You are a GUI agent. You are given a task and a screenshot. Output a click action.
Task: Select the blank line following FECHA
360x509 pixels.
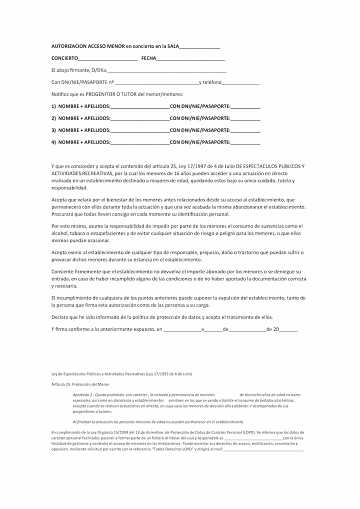[x=190, y=58]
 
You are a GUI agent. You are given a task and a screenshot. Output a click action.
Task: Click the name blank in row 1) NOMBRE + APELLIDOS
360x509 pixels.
[x=140, y=107]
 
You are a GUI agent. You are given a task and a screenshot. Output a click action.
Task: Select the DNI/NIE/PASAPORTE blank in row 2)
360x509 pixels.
[x=245, y=119]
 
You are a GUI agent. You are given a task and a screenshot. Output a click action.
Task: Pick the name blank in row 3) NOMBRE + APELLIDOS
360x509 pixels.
[x=140, y=131]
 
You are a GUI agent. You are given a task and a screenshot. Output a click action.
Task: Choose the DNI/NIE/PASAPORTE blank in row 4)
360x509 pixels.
[x=245, y=143]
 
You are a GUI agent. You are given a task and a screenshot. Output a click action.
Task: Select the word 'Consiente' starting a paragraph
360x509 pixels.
[x=62, y=271]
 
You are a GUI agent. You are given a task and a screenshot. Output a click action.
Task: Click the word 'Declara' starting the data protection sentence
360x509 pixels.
[x=60, y=317]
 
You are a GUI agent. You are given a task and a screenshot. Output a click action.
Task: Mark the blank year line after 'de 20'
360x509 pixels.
[x=288, y=330]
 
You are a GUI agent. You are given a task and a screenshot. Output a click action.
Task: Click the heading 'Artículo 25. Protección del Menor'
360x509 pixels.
[x=80, y=384]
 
